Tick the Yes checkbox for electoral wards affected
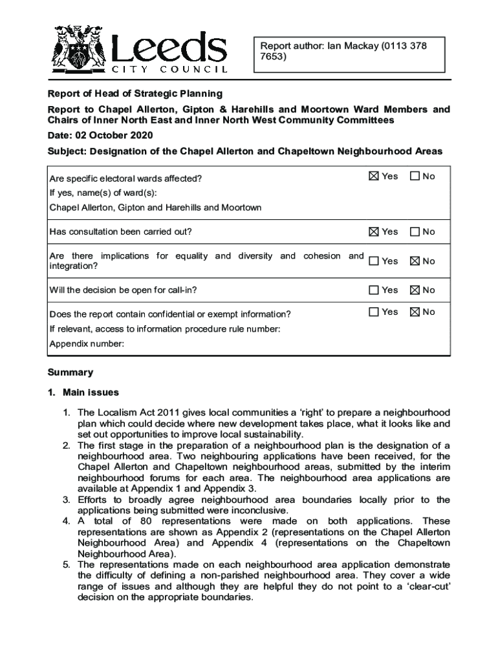[x=373, y=176]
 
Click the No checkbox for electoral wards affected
[x=415, y=176]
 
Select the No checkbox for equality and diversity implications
[x=415, y=261]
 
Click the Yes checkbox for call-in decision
[x=373, y=290]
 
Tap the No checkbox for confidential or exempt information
[x=415, y=312]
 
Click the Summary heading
[x=70, y=372]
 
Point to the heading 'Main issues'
[x=91, y=392]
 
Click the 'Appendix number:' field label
[x=87, y=344]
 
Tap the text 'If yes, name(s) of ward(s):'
[x=103, y=193]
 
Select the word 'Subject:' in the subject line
[x=67, y=151]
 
